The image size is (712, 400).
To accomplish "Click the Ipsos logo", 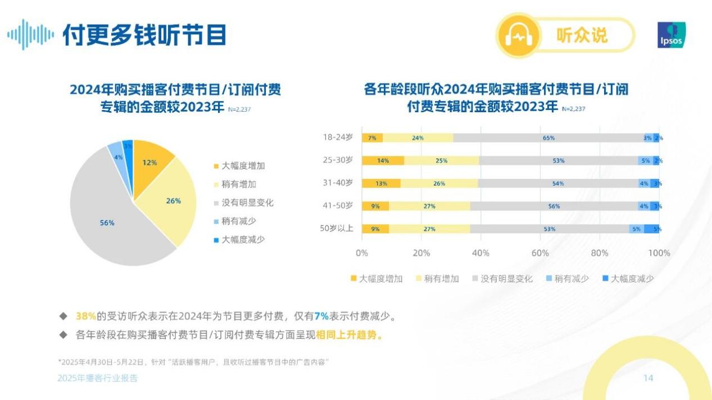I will tap(672, 35).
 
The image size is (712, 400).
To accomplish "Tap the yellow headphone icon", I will tap(518, 36).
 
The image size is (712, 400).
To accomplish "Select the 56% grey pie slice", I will tap(107, 223).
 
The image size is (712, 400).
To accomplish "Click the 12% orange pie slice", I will tap(149, 162).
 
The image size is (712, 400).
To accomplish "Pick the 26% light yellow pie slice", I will tap(174, 200).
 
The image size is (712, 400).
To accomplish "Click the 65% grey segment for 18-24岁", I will tap(548, 138).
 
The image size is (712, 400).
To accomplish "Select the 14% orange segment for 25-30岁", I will tap(383, 160).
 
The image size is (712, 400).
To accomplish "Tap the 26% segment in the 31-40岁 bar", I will tap(439, 183).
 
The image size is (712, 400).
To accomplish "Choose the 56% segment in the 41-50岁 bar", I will tap(554, 206).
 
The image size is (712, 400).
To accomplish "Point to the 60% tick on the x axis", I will tap(540, 253).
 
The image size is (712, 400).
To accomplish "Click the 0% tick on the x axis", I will tap(362, 253).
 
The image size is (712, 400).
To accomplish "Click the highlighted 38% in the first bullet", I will tap(86, 316).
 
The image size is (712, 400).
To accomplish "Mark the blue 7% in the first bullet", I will tap(322, 316).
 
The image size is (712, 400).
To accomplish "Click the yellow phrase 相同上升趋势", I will tap(349, 335).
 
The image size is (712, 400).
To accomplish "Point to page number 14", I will tap(648, 378).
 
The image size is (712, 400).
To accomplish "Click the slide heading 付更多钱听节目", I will tap(144, 35).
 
